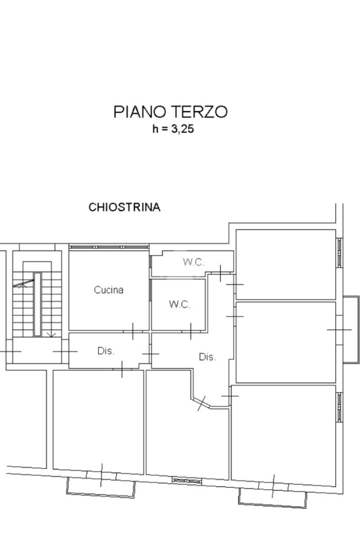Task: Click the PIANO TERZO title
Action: click(x=171, y=112)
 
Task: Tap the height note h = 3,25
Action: click(x=173, y=129)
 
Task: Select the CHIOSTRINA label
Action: click(x=124, y=207)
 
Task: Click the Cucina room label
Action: click(x=109, y=290)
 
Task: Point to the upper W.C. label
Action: click(x=193, y=262)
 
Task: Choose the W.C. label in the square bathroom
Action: click(x=180, y=304)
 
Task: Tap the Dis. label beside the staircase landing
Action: click(x=106, y=351)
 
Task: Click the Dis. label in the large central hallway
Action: click(x=207, y=357)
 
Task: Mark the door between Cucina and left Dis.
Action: click(x=133, y=331)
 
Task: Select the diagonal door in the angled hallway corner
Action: click(x=202, y=403)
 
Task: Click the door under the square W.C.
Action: click(x=191, y=331)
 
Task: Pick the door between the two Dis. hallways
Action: click(x=151, y=354)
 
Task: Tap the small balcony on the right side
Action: click(x=351, y=330)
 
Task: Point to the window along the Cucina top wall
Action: click(x=109, y=247)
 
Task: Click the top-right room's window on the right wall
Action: click(x=339, y=253)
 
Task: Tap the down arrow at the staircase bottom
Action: click(x=51, y=334)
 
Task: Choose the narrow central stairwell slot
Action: click(x=37, y=304)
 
